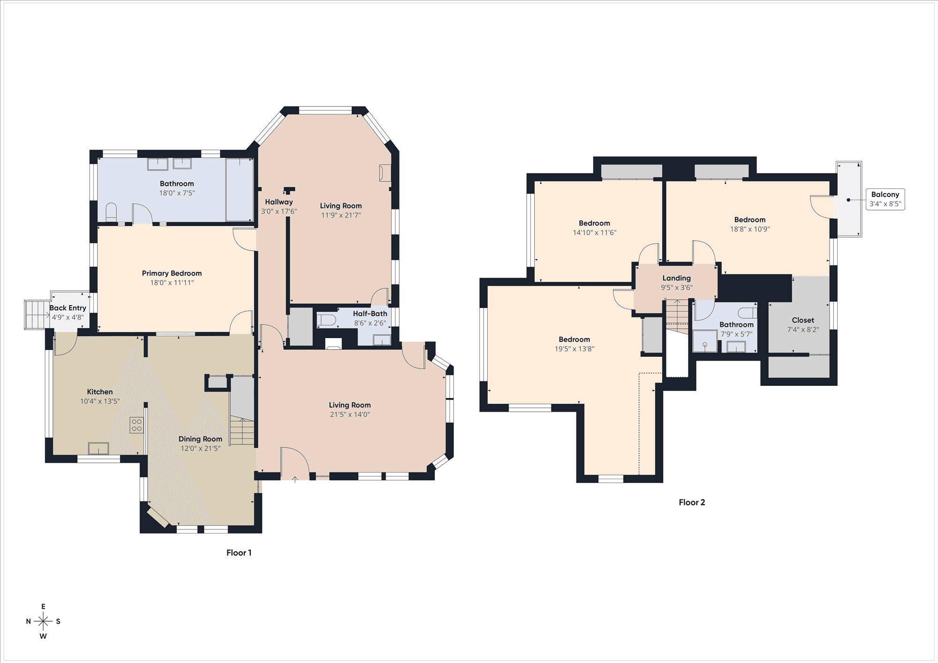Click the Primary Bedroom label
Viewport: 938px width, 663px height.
(172, 273)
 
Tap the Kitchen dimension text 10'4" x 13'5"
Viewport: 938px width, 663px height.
(100, 401)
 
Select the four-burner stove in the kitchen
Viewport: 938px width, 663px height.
(136, 425)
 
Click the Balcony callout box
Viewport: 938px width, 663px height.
(885, 199)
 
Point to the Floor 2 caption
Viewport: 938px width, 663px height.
(692, 502)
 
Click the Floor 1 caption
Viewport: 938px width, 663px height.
(239, 553)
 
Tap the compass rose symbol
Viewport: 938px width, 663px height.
(43, 622)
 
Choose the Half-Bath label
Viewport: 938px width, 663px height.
(370, 314)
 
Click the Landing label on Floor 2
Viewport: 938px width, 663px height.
(676, 278)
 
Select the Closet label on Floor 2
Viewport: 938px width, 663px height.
(803, 320)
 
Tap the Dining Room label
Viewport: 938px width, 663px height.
(200, 439)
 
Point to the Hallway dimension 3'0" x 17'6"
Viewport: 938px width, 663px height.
(279, 211)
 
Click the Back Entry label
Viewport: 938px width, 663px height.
(68, 308)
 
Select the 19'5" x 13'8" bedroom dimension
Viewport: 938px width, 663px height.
(575, 349)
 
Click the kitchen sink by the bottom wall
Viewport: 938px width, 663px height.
(98, 448)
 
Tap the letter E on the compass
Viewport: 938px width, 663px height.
(43, 607)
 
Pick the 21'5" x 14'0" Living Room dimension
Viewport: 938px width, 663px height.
(350, 414)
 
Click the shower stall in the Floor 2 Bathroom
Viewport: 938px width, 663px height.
(705, 341)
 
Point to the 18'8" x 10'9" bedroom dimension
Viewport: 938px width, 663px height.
(750, 229)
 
